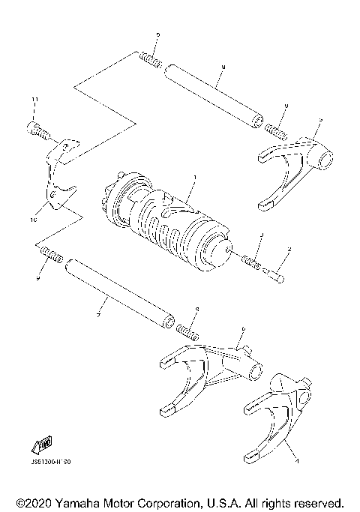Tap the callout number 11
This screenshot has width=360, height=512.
(34, 100)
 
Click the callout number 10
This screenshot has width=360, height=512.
(32, 221)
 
